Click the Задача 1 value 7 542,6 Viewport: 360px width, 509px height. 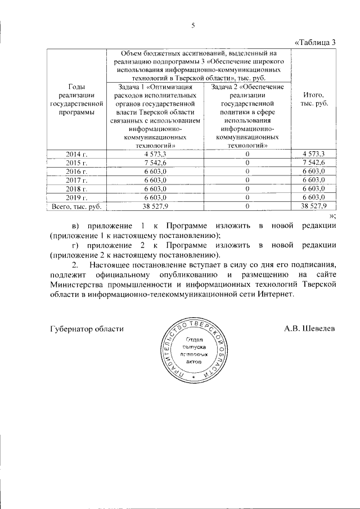[x=154, y=162]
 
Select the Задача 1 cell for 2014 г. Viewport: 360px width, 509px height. [x=154, y=154]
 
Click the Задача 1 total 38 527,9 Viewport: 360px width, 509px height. [x=154, y=206]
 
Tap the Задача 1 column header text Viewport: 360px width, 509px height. [x=154, y=116]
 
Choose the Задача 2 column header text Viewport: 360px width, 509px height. [x=247, y=116]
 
